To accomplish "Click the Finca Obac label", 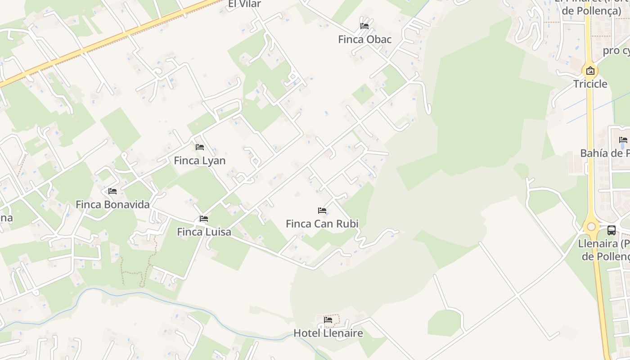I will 364,40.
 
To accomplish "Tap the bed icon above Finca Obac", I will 364,26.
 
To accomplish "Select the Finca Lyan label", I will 199,161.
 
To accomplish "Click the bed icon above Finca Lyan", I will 200,147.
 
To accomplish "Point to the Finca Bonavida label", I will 112,205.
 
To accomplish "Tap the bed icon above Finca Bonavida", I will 112,191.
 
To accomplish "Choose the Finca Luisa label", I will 204,232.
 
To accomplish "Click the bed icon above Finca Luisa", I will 204,219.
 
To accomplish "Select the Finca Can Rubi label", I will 322,224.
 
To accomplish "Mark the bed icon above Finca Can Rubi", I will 322,210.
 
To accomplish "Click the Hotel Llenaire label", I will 328,333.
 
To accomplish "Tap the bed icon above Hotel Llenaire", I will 328,320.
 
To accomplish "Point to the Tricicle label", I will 590,84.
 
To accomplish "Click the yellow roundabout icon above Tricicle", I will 590,71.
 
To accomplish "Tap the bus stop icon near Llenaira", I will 612,230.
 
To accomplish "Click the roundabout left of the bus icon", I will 591,227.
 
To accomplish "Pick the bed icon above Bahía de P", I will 623,140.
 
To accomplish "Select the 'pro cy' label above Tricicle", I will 616,50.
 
